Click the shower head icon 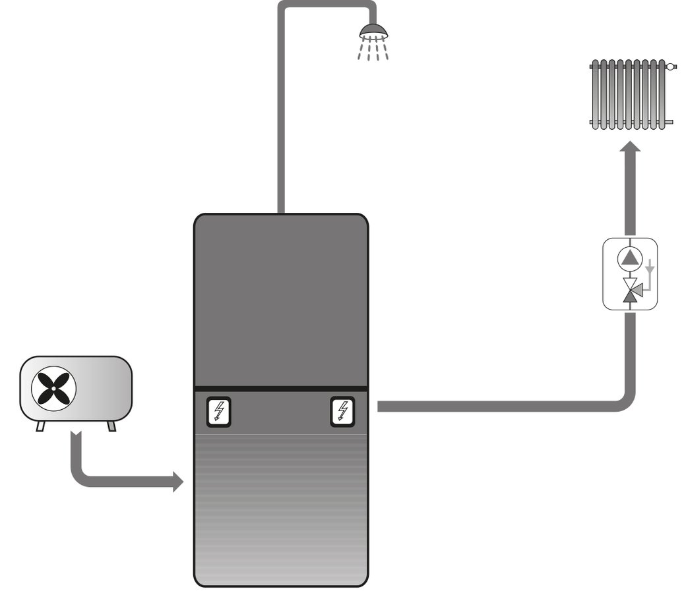tap(373, 29)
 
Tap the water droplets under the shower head tap(373, 49)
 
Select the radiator tap(630, 94)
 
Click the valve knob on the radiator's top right tap(671, 67)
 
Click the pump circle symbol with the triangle tap(631, 258)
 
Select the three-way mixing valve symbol tap(631, 290)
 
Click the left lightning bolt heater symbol tap(218, 412)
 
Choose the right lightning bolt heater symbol tap(342, 412)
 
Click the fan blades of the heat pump tap(54, 389)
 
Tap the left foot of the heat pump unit tap(41, 426)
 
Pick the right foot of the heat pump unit tap(111, 426)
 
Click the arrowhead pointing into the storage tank tap(177, 482)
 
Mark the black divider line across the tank tap(280, 388)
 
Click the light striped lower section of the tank tap(280, 507)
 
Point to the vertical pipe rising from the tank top tap(281, 132)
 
